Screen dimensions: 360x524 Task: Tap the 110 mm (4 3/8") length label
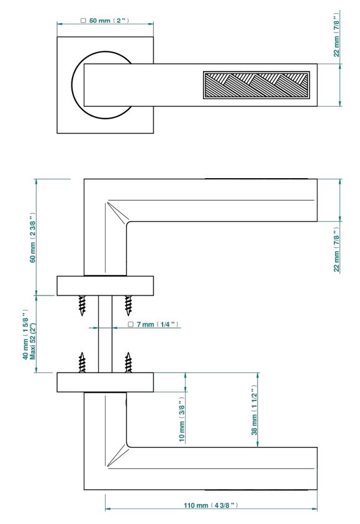[x=211, y=505]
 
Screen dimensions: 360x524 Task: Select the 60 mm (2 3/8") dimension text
[x=32, y=237]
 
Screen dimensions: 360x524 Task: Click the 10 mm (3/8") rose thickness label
[x=182, y=420]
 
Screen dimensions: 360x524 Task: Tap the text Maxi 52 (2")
[x=33, y=340]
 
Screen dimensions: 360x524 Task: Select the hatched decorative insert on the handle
[x=256, y=85]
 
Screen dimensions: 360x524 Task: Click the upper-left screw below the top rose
[x=82, y=305]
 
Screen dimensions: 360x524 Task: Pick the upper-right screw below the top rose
[x=128, y=305]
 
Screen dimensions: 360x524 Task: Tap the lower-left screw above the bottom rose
[x=82, y=363]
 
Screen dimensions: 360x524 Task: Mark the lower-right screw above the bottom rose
[x=128, y=363]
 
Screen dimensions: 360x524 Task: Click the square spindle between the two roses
[x=105, y=334]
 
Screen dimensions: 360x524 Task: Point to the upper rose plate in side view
[x=105, y=286]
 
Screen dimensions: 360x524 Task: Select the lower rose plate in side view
[x=105, y=382]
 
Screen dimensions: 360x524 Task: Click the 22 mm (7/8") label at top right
[x=336, y=34]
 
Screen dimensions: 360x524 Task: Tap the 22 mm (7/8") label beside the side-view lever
[x=336, y=250]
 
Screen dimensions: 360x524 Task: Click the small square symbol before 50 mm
[x=84, y=20]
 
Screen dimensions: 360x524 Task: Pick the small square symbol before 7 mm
[x=131, y=325]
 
